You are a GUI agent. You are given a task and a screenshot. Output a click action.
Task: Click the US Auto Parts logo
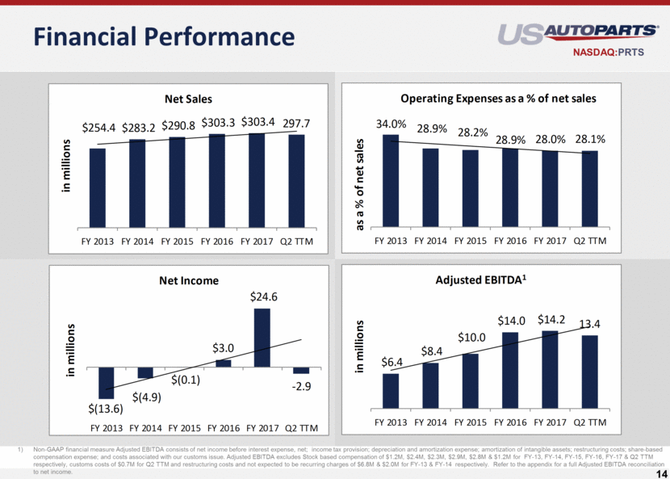pyautogui.click(x=576, y=34)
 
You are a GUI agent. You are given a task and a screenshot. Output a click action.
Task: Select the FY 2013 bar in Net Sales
pyautogui.click(x=98, y=187)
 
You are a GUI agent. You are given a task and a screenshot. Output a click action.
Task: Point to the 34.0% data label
pyautogui.click(x=392, y=124)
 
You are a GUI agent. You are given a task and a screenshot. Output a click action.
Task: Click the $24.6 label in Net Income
pyautogui.click(x=261, y=297)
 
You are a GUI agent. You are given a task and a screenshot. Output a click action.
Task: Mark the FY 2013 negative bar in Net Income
pyautogui.click(x=107, y=382)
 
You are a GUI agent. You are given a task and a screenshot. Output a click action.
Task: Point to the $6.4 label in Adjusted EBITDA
pyautogui.click(x=391, y=363)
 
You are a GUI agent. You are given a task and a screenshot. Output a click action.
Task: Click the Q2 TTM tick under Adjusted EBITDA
pyautogui.click(x=590, y=422)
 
